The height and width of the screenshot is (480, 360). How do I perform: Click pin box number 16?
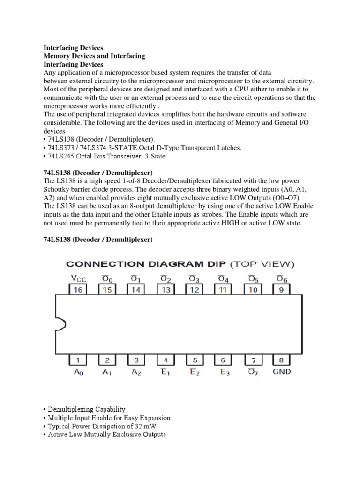pyautogui.click(x=78, y=290)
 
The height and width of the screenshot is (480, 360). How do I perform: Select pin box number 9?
pyautogui.click(x=282, y=290)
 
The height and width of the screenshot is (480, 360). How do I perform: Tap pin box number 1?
pyautogui.click(x=78, y=360)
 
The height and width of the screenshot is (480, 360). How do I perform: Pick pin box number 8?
pyautogui.click(x=282, y=360)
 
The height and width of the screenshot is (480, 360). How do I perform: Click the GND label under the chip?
pyautogui.click(x=281, y=371)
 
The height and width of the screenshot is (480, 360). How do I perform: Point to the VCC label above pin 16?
pyautogui.click(x=78, y=278)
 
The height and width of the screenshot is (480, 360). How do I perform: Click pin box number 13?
pyautogui.click(x=166, y=290)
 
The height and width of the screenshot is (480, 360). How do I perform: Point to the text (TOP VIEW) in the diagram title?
pyautogui.click(x=263, y=264)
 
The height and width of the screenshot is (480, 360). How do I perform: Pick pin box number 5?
pyautogui.click(x=195, y=360)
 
